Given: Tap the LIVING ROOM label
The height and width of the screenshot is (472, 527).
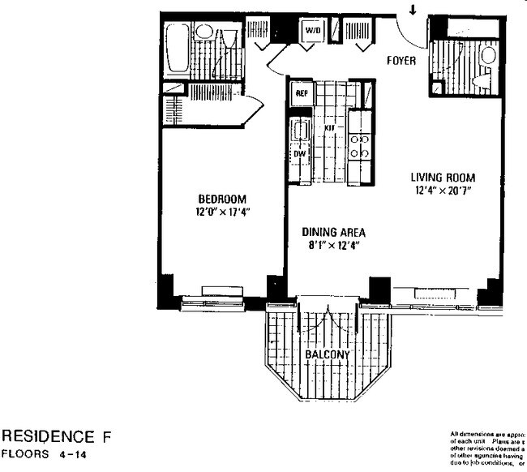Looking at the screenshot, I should [x=442, y=178].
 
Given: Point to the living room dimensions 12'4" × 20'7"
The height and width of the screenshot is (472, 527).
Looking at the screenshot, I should [x=442, y=191].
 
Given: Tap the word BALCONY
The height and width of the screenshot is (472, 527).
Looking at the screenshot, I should [x=328, y=355].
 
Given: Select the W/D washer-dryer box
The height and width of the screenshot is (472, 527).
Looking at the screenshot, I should [x=312, y=32].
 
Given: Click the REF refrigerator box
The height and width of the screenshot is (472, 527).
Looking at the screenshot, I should [x=302, y=93].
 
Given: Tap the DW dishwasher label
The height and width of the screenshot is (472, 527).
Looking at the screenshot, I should [x=299, y=152].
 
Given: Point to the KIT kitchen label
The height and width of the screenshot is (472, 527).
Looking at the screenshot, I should [x=330, y=128].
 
